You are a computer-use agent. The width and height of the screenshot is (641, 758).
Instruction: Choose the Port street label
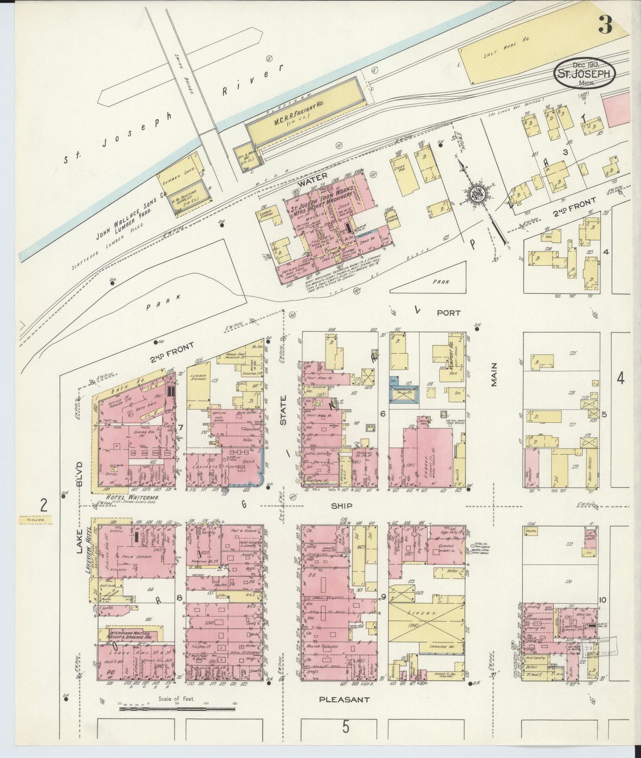pyautogui.click(x=448, y=313)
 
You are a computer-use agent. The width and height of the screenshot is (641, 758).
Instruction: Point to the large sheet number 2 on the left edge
pyautogui.click(x=43, y=505)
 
